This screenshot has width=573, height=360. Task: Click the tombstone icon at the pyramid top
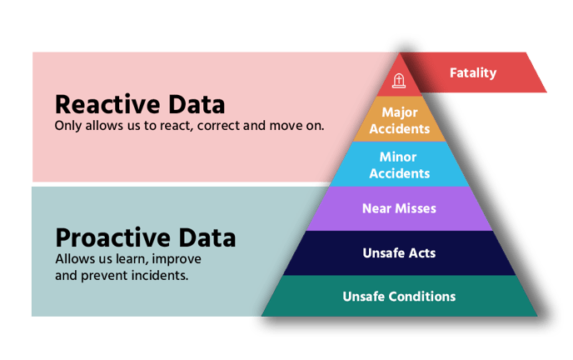(399, 81)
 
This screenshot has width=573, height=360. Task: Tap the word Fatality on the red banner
(473, 72)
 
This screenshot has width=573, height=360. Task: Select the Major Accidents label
(400, 120)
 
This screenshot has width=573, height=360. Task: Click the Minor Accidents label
(400, 165)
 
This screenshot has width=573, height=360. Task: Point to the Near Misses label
(399, 208)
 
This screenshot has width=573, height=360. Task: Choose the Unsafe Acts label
(399, 252)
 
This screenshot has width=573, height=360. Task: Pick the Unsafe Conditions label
(399, 297)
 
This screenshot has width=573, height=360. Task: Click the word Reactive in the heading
(107, 104)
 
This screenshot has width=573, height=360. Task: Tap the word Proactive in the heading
(113, 238)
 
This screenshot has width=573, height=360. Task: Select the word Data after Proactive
(207, 238)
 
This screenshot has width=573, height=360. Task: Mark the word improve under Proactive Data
(177, 259)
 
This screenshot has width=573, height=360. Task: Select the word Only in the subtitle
(68, 126)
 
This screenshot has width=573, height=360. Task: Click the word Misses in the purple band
(416, 208)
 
